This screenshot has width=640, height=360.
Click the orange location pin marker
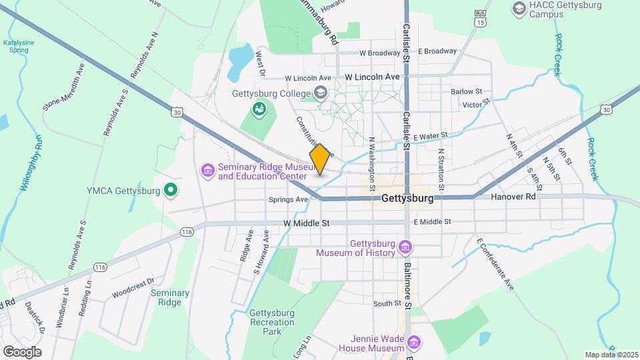[x=320, y=159]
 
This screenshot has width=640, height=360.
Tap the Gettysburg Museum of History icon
[x=404, y=248]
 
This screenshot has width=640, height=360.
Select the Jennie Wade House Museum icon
[x=414, y=343]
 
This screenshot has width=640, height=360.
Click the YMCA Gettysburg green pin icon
[x=171, y=191]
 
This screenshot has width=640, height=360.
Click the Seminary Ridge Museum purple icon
[x=207, y=171]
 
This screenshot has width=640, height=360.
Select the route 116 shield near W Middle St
[x=186, y=231]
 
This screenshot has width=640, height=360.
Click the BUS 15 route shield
[x=479, y=19]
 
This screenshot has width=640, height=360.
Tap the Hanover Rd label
[x=513, y=197]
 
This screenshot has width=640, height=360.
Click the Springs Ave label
[x=289, y=199]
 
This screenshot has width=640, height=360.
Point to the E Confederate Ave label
[x=495, y=263]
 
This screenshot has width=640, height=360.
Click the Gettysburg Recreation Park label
[x=271, y=321]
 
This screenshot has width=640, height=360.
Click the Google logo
[x=22, y=351]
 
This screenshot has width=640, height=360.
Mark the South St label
[x=387, y=303]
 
